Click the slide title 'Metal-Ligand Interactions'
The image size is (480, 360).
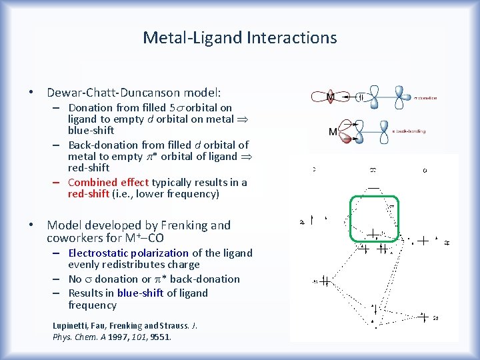pyautogui.click(x=240, y=38)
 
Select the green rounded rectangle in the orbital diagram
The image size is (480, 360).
pyautogui.click(x=374, y=218)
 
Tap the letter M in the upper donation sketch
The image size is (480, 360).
pyautogui.click(x=329, y=97)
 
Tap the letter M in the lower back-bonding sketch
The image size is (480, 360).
pyautogui.click(x=333, y=131)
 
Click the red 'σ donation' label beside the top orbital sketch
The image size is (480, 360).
pyautogui.click(x=425, y=98)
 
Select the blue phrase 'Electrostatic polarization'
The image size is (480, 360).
pyautogui.click(x=129, y=253)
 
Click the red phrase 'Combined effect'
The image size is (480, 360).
pyautogui.click(x=108, y=182)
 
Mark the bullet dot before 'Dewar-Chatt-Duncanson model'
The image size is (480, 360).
pyautogui.click(x=32, y=93)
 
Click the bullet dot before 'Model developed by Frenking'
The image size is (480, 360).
pyautogui.click(x=32, y=225)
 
